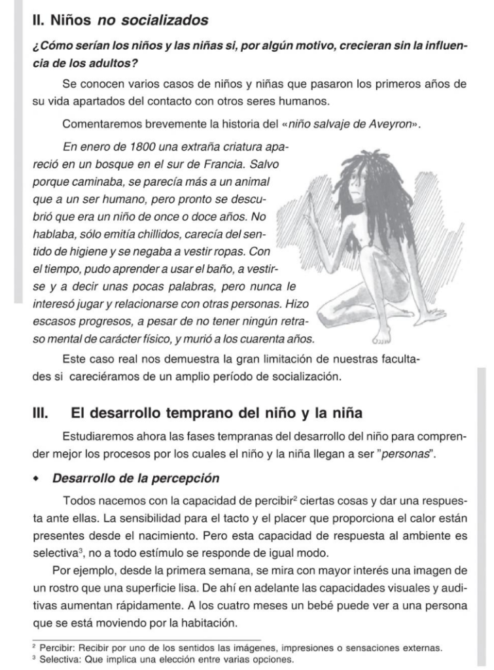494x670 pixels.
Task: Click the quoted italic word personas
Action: [x=408, y=453]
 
